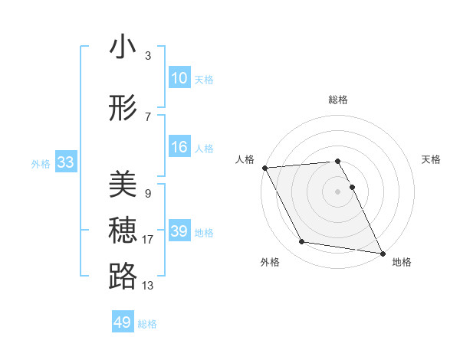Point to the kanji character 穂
coord(123,231)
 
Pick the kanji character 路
coord(123,277)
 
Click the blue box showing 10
coord(179,78)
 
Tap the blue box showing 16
coord(179,147)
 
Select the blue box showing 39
coord(179,231)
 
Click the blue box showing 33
coord(65,162)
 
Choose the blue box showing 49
coord(123,322)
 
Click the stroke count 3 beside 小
coord(147,56)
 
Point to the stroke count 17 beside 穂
coord(148,240)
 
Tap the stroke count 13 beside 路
coord(148,286)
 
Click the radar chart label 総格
coord(338,100)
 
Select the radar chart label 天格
coord(431,159)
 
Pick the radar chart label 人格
coord(245,159)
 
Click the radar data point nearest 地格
coord(382,252)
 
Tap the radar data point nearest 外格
coord(302,242)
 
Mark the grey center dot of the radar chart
coord(337,191)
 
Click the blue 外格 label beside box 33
coord(40,163)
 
